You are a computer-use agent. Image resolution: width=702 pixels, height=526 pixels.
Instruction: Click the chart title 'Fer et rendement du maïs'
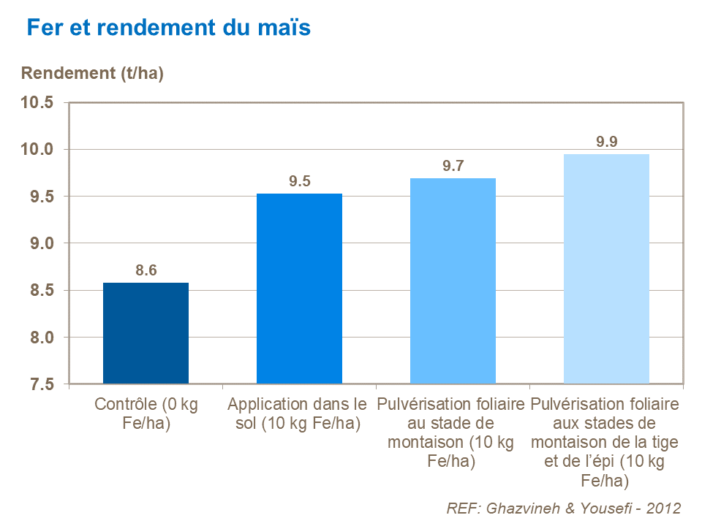168,28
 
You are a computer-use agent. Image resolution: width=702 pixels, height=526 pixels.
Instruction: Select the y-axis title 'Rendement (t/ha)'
92,74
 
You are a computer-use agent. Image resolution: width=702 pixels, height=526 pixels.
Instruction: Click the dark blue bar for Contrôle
146,333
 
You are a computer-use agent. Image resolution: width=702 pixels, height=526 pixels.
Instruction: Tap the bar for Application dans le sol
299,289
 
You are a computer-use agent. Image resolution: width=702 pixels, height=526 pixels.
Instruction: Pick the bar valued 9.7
453,281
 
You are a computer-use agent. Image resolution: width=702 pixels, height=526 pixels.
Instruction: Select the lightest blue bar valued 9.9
606,269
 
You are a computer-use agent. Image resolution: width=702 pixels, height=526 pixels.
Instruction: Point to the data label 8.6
146,271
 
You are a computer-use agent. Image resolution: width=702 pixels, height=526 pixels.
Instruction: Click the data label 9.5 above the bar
300,182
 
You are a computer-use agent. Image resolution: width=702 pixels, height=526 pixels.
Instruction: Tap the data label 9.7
453,167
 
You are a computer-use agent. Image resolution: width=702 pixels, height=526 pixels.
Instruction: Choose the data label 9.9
607,142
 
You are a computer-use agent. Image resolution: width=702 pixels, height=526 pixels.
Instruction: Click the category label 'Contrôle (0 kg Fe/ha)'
146,413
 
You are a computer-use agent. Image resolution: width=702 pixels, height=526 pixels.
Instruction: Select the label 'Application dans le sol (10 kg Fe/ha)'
298,413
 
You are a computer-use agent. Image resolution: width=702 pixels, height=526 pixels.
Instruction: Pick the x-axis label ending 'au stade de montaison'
451,432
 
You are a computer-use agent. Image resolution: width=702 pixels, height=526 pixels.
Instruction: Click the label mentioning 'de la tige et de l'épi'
605,442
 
